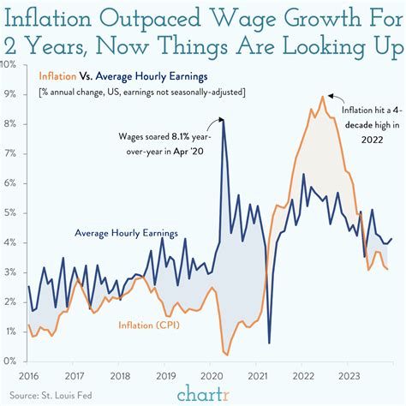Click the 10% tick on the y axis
click(x=11, y=65)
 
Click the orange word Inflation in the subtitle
click(x=59, y=74)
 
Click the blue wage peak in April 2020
click(x=224, y=120)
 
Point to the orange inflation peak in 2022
click(x=322, y=97)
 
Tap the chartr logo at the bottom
click(x=203, y=392)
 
